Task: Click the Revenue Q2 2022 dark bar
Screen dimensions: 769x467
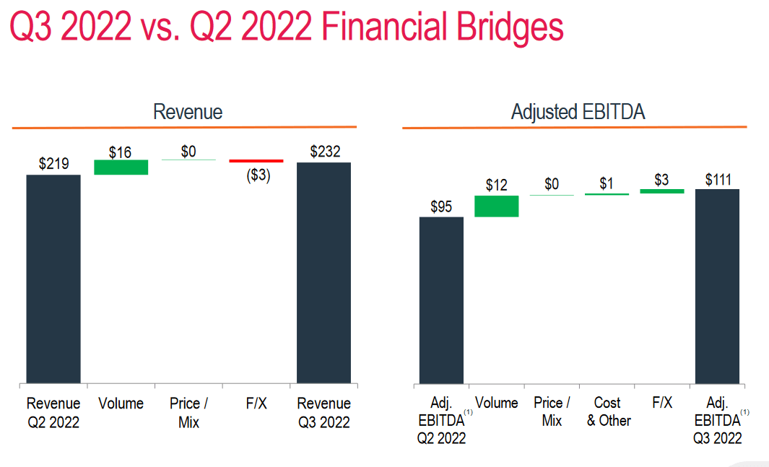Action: pyautogui.click(x=53, y=279)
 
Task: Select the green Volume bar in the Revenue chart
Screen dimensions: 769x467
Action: pyautogui.click(x=121, y=167)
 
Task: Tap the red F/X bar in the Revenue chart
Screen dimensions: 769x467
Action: pyautogui.click(x=256, y=161)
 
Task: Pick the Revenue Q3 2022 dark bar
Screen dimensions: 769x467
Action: pyautogui.click(x=323, y=272)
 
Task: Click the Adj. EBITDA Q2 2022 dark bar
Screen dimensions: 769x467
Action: pyautogui.click(x=441, y=300)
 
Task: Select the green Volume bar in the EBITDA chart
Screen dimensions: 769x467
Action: pyautogui.click(x=496, y=206)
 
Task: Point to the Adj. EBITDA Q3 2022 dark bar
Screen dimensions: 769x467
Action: pyautogui.click(x=717, y=286)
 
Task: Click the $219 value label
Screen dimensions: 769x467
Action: pyautogui.click(x=54, y=164)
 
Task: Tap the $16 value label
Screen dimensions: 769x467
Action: pyautogui.click(x=120, y=152)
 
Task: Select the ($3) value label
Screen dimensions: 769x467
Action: pyautogui.click(x=258, y=175)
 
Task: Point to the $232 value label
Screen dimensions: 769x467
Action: pyautogui.click(x=325, y=152)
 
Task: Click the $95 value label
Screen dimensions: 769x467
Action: pyautogui.click(x=441, y=206)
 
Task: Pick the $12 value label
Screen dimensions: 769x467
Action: pyautogui.click(x=496, y=186)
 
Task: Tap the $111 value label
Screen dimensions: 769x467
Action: pyautogui.click(x=718, y=180)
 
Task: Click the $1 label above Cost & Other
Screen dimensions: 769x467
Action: pyautogui.click(x=607, y=184)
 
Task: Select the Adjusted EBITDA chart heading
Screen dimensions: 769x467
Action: pyautogui.click(x=578, y=112)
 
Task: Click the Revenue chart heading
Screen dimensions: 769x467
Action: pyautogui.click(x=188, y=112)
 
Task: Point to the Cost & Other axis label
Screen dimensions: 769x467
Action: pyautogui.click(x=608, y=411)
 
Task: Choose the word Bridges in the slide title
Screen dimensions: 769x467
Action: pyautogui.click(x=510, y=28)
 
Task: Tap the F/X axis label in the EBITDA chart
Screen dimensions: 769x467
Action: pyautogui.click(x=661, y=403)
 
